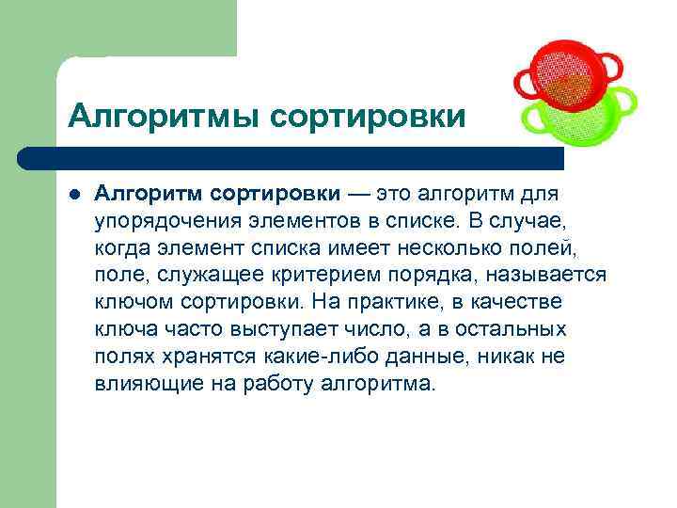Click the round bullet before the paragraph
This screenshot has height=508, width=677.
click(x=74, y=195)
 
